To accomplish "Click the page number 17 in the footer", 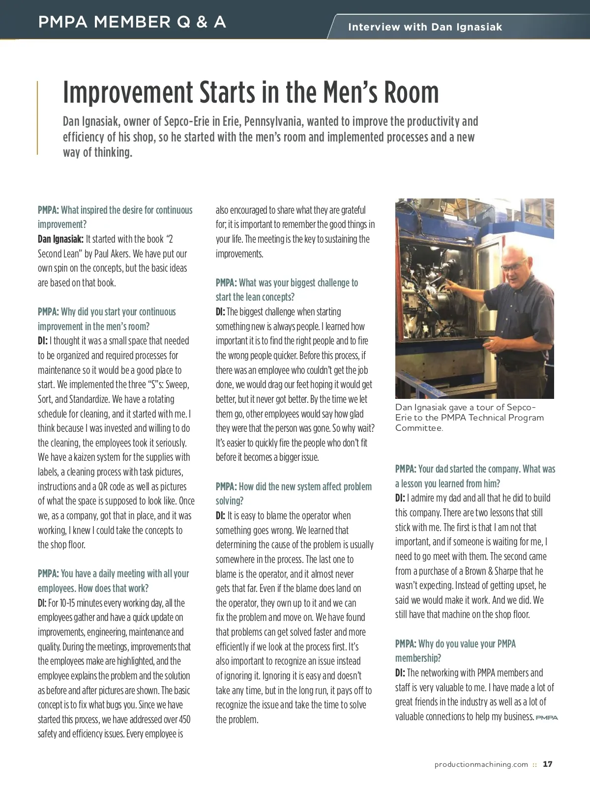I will click(x=548, y=764).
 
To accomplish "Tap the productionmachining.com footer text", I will click(x=481, y=764).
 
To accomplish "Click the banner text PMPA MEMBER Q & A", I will click(x=132, y=22).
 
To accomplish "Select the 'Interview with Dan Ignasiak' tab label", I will click(x=425, y=27).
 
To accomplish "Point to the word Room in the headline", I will click(x=411, y=92).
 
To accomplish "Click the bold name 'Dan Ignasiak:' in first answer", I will click(x=60, y=239).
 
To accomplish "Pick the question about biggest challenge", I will click(x=287, y=290).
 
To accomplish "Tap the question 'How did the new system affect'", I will click(x=294, y=493).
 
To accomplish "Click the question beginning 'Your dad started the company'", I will click(x=475, y=476).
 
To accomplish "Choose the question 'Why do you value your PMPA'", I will click(x=455, y=650).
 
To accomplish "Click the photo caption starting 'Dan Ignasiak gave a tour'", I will click(x=469, y=417).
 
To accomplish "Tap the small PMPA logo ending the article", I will click(x=547, y=718).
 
